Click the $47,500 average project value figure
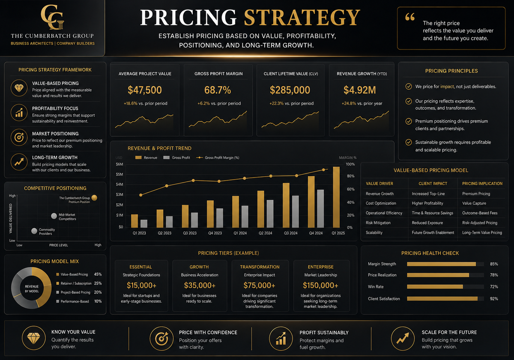coord(145,90)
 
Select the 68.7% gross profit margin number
coord(218,90)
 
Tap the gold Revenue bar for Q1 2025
coord(336,197)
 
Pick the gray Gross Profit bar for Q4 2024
coord(320,208)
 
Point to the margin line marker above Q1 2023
coord(140,195)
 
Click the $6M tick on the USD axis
coord(120,164)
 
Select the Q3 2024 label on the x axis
coord(290,233)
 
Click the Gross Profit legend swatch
coord(166,158)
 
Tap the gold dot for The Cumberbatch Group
coord(94,198)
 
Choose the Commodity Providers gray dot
coord(34,231)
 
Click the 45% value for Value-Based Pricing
coord(98,274)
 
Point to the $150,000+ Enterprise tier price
coord(320,285)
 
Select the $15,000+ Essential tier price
coord(141,285)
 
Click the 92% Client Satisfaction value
coord(494,299)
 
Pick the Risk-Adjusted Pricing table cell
coord(480,223)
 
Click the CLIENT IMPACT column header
coord(433,183)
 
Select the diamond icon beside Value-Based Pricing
coord(19,88)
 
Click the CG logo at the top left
coord(53,17)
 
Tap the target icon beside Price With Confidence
coord(161,339)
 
